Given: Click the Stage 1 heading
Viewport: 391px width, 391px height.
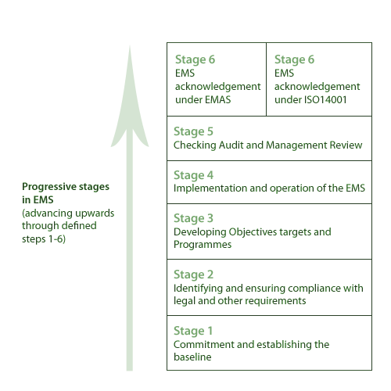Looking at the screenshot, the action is point(193,331).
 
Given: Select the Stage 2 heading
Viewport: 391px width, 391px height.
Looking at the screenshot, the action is point(193,274).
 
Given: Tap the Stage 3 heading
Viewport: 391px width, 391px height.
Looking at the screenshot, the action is point(193,218).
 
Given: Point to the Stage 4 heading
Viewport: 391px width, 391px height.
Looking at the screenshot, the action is point(193,175).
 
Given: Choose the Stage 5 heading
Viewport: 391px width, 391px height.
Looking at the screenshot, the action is point(193,131).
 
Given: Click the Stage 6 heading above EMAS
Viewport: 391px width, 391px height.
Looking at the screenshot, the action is point(195,59).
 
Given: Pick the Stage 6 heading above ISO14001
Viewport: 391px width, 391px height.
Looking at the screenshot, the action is point(294,59).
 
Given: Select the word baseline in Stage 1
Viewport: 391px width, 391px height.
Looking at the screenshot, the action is point(192,357).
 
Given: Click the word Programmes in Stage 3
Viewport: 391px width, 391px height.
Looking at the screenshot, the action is point(203,245).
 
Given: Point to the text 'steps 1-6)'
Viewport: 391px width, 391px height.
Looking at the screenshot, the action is point(44,239).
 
